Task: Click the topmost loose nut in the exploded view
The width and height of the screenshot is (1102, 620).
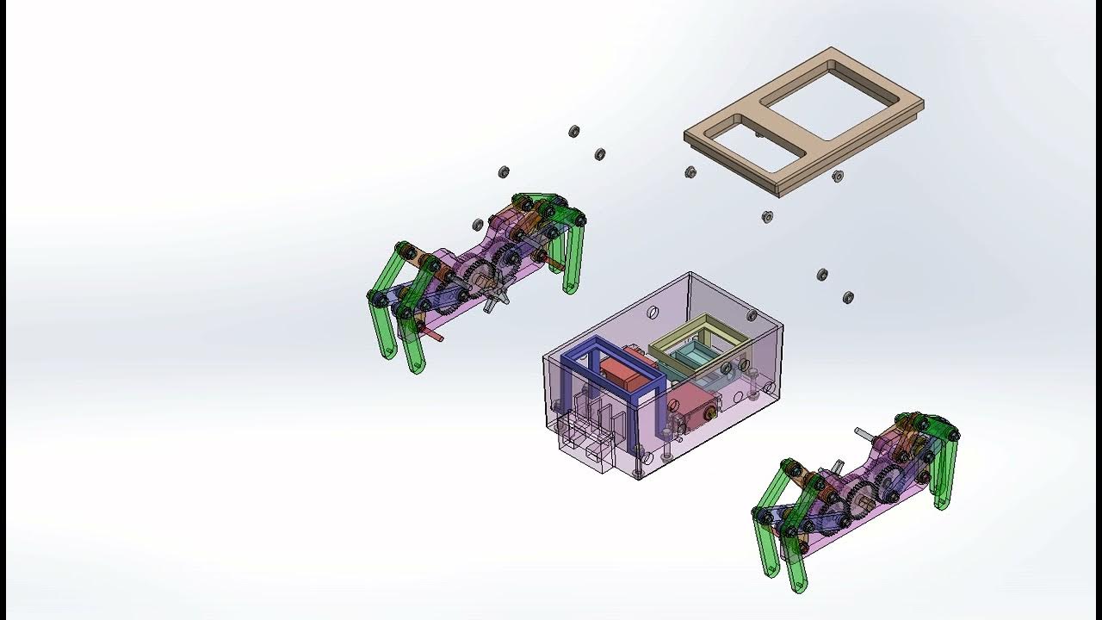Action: [x=574, y=131]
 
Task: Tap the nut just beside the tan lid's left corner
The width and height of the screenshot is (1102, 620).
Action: [x=690, y=172]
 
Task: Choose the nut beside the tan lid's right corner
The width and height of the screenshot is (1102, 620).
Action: [x=838, y=176]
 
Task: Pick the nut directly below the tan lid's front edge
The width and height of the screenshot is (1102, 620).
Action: [x=767, y=216]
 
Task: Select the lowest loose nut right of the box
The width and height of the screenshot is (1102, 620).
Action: [x=848, y=297]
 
